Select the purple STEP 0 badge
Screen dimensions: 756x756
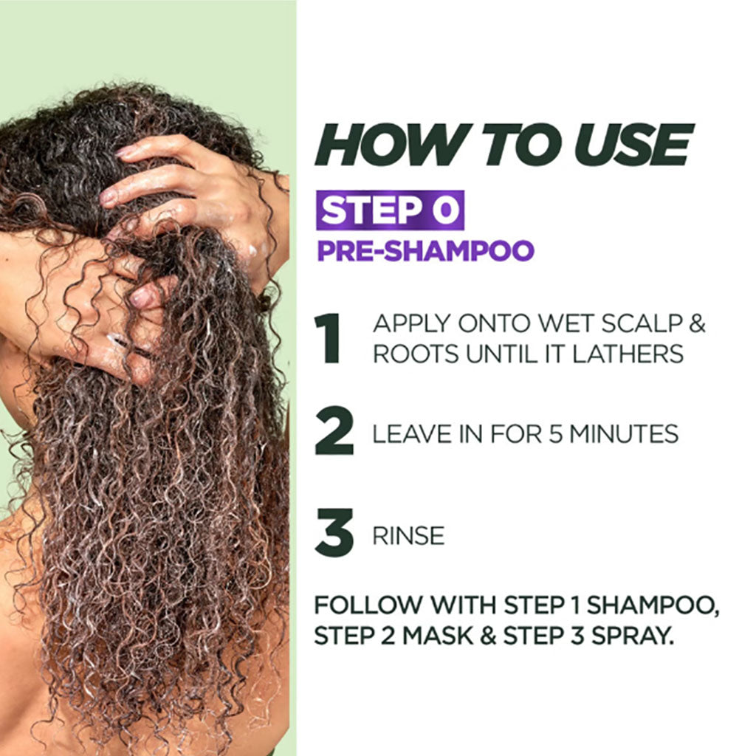tap(390, 210)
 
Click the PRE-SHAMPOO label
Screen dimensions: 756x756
tap(425, 250)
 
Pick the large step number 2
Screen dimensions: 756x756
tap(334, 433)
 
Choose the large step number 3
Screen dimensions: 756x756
tap(334, 534)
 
